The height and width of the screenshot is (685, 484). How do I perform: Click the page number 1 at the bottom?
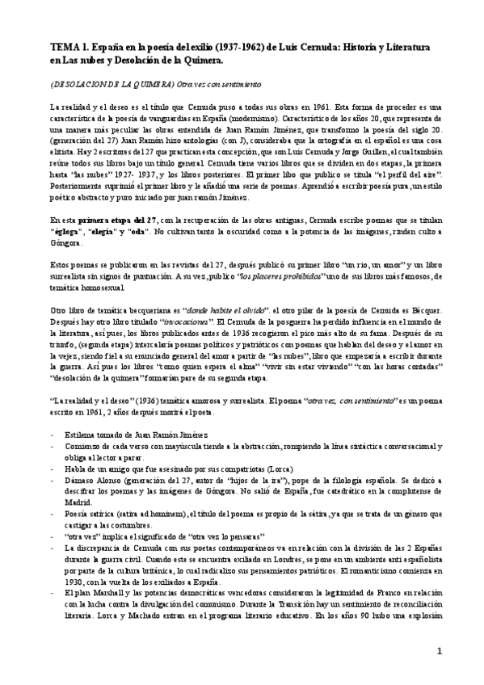(x=461, y=650)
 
